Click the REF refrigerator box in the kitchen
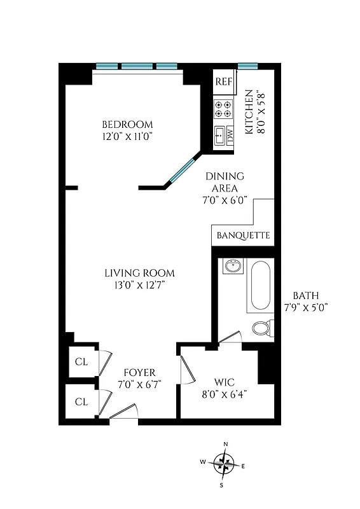tap(223, 81)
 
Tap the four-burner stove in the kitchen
tap(223, 109)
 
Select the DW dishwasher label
tap(230, 135)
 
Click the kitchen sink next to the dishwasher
tap(219, 136)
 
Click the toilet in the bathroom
tap(261, 328)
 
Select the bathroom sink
tap(232, 266)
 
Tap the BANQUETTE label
tap(243, 235)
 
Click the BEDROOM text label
tap(128, 124)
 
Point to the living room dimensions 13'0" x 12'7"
tap(139, 285)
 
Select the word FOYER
tap(139, 372)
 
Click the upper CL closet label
tap(81, 362)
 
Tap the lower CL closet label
tap(81, 401)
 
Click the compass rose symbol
tap(223, 464)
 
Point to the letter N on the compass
tap(225, 445)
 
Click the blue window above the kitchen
tap(247, 66)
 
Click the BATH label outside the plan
tap(306, 296)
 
